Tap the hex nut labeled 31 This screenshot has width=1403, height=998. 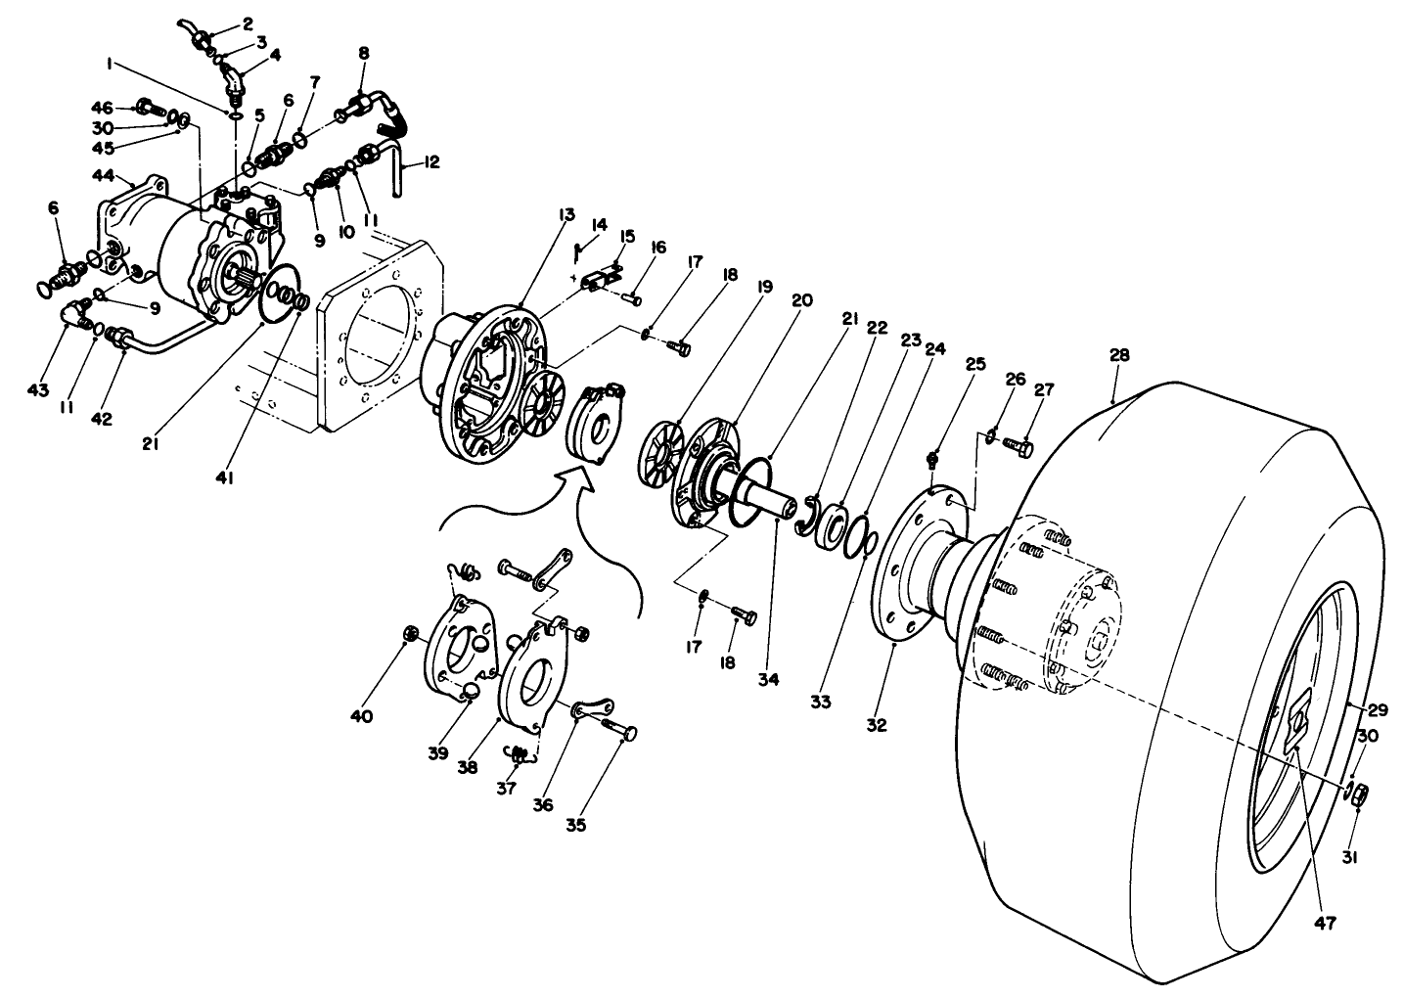pyautogui.click(x=1359, y=795)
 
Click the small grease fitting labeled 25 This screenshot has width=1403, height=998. pyautogui.click(x=932, y=457)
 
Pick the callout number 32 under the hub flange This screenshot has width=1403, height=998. pyautogui.click(x=877, y=725)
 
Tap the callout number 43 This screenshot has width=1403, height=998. pyautogui.click(x=37, y=390)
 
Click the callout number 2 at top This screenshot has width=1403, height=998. pyautogui.click(x=247, y=23)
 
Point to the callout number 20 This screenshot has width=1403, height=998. pyautogui.click(x=802, y=301)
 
